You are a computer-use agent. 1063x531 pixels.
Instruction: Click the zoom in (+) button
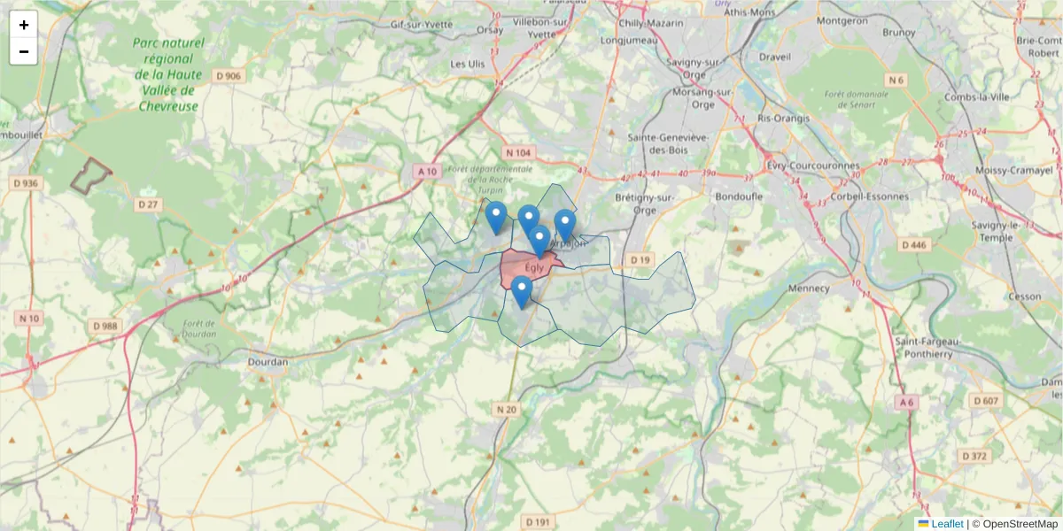24,25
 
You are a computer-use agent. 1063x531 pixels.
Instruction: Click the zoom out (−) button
24,51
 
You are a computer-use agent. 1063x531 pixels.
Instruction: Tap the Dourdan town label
268,362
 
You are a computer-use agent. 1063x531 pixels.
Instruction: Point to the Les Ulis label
468,64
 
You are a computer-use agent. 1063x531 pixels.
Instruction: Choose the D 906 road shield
229,76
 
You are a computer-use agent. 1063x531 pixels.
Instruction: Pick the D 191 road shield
537,522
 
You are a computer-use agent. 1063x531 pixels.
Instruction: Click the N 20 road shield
506,409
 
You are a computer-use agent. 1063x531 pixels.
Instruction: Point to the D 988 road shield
105,326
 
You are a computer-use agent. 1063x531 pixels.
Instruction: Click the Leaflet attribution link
947,524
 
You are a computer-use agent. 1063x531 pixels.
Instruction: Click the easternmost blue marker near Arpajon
564,225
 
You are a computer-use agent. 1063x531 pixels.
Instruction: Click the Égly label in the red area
534,267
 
